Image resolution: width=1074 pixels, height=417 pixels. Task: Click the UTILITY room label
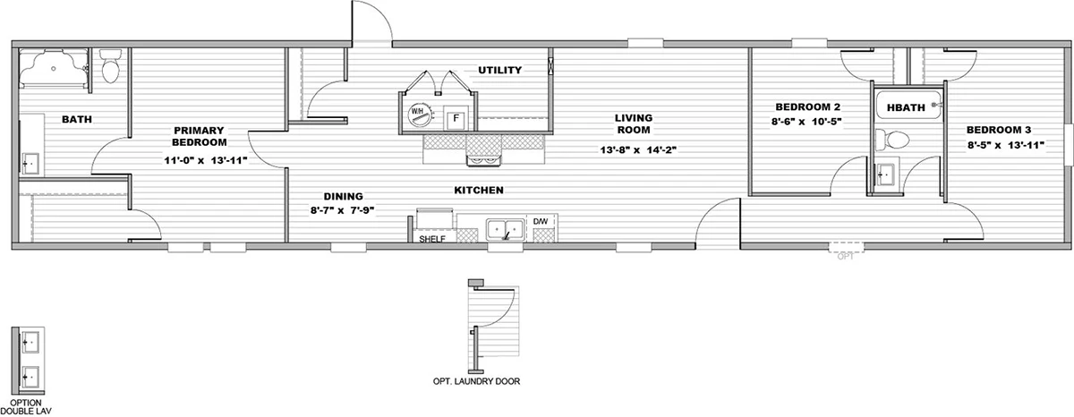click(x=499, y=70)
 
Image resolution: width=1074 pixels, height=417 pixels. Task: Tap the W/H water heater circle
click(x=417, y=115)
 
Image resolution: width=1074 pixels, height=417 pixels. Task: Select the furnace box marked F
click(x=456, y=118)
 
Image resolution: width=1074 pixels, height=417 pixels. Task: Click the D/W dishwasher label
click(x=541, y=221)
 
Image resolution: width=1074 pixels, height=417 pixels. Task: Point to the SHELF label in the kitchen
click(x=432, y=239)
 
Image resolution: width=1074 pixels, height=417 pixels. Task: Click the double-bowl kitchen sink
click(x=505, y=230)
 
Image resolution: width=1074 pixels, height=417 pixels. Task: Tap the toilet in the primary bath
click(x=111, y=66)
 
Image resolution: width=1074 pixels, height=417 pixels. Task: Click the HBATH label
click(x=906, y=108)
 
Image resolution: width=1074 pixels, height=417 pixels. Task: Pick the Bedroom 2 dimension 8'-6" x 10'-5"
click(x=806, y=122)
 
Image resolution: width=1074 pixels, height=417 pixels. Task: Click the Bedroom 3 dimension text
click(x=1004, y=145)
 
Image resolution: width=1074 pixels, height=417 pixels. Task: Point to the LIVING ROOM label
click(x=634, y=123)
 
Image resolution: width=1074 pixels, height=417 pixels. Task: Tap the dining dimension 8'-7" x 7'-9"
click(x=342, y=210)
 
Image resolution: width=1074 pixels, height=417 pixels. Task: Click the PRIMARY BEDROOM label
click(x=199, y=136)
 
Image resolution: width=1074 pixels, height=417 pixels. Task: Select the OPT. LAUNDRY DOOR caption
click(x=476, y=381)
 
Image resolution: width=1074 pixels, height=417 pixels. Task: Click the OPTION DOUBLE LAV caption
click(x=26, y=407)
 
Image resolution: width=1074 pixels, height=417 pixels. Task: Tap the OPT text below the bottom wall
click(x=846, y=257)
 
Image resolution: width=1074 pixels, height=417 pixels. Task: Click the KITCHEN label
click(x=479, y=191)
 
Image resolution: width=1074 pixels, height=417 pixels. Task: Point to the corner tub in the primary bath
click(x=54, y=69)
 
